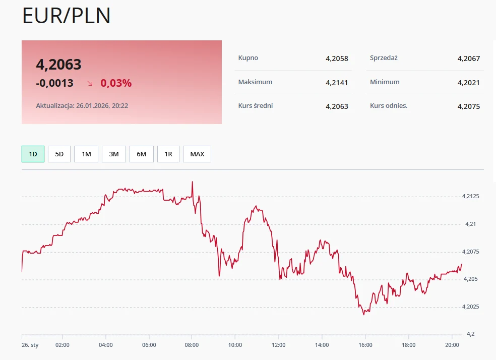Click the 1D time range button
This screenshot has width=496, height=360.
pos(33,154)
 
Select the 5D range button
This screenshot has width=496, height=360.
pos(59,154)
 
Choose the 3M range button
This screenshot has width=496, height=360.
pos(114,154)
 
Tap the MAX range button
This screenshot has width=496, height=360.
pos(197,154)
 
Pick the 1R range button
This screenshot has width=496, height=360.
pos(168,154)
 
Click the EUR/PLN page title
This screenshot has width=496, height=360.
pos(67,16)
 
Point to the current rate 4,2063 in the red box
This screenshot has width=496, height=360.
pos(58,65)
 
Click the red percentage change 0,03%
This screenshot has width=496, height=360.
pos(116,83)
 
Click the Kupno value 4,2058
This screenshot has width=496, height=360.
pos(337,58)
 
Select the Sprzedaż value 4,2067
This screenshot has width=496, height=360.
pos(468,58)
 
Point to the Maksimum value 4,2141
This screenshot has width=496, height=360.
pos(337,83)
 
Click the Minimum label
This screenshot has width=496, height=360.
pos(385,82)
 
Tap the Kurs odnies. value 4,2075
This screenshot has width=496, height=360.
pos(468,106)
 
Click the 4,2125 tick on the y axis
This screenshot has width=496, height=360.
pos(471,196)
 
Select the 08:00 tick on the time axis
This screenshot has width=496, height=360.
pos(192,345)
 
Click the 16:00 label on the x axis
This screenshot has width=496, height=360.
pos(365,345)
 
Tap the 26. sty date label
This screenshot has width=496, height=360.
pos(30,345)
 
